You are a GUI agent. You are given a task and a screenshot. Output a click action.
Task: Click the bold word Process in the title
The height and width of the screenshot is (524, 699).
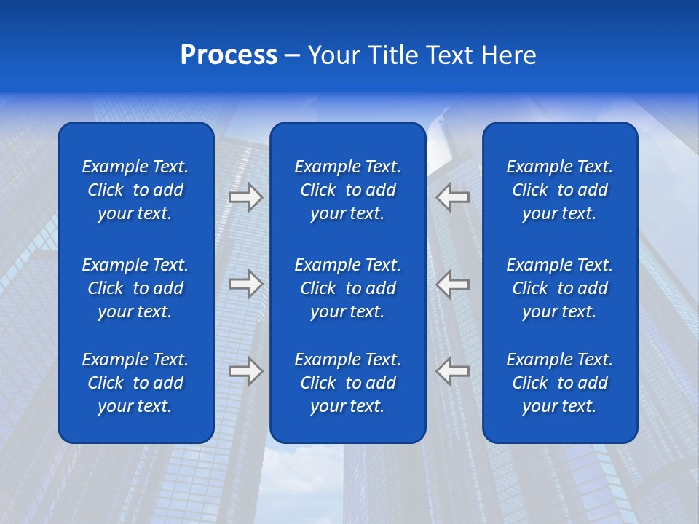pyautogui.click(x=229, y=55)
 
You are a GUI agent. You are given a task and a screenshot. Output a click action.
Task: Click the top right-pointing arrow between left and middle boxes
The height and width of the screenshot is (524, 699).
pyautogui.click(x=245, y=197)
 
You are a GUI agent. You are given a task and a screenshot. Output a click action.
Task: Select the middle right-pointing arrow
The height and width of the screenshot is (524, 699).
pyautogui.click(x=245, y=284)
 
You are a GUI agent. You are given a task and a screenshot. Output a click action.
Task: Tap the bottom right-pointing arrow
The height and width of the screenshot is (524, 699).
pyautogui.click(x=245, y=371)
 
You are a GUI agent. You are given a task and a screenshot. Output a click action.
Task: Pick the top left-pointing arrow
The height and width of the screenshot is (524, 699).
pyautogui.click(x=453, y=197)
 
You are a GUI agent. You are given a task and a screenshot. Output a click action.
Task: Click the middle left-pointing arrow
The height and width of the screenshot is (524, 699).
pyautogui.click(x=453, y=284)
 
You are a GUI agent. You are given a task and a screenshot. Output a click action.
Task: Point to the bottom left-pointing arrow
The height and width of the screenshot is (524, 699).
pyautogui.click(x=453, y=371)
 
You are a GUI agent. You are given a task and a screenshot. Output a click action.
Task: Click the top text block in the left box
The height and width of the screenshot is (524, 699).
pyautogui.click(x=135, y=190)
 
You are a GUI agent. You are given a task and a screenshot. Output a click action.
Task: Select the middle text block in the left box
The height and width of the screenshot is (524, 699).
pyautogui.click(x=135, y=288)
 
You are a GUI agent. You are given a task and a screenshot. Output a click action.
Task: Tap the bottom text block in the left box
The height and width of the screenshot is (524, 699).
pyautogui.click(x=135, y=383)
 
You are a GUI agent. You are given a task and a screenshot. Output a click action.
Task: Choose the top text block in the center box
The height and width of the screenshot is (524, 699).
pyautogui.click(x=347, y=190)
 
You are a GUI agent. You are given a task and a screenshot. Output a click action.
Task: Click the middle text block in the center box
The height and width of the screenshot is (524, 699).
pyautogui.click(x=347, y=288)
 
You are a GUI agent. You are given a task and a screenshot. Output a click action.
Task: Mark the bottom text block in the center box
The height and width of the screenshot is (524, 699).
pyautogui.click(x=347, y=383)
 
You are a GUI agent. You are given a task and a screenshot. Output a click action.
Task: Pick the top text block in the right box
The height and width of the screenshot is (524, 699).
pyautogui.click(x=559, y=190)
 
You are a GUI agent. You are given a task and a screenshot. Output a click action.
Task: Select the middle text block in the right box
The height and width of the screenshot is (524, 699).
pyautogui.click(x=559, y=288)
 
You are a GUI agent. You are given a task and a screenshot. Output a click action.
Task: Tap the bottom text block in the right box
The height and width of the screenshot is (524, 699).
pyautogui.click(x=559, y=383)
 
